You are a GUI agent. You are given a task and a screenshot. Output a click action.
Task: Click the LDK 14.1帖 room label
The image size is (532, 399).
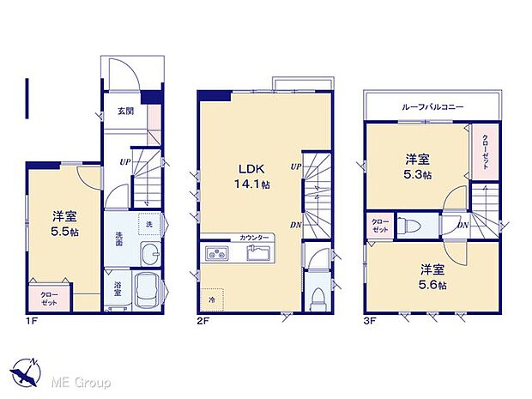pos(248,174)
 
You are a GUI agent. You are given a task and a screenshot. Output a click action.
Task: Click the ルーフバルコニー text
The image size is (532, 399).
pos(432,106)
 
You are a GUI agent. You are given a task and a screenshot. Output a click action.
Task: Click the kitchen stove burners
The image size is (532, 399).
pos(216,253)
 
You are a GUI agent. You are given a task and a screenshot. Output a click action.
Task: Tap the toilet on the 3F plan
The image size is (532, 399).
pos(409,227)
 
